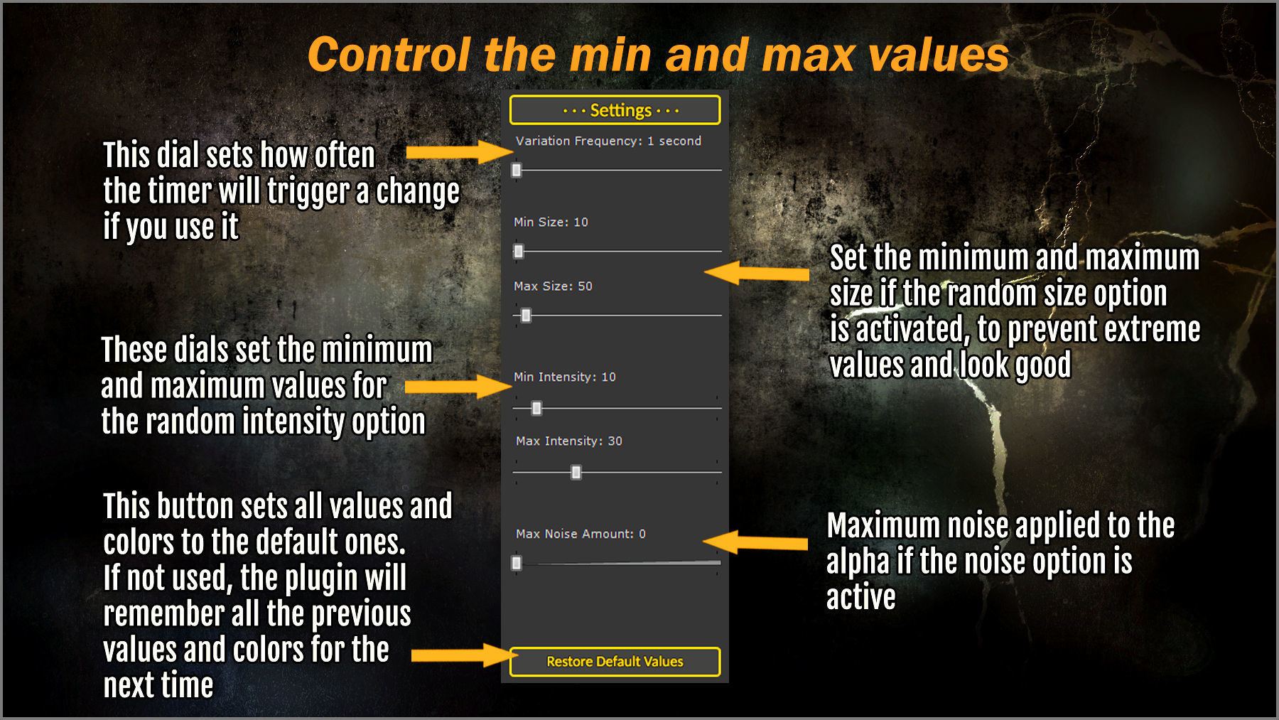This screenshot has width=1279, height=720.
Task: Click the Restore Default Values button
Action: click(615, 662)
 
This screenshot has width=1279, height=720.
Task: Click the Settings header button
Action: click(615, 110)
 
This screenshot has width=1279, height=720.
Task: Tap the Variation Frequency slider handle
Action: click(517, 170)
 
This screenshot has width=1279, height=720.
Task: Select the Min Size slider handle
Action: click(519, 251)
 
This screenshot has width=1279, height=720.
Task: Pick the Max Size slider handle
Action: click(526, 315)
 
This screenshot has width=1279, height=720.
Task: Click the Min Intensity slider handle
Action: click(536, 408)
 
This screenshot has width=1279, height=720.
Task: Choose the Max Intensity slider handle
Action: click(576, 472)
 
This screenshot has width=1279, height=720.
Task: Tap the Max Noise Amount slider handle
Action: click(517, 563)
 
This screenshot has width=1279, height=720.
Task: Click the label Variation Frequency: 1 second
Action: click(608, 141)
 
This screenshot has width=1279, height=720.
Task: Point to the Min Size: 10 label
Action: click(551, 222)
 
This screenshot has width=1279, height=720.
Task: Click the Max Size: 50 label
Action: click(553, 286)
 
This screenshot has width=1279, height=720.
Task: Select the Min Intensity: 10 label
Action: click(565, 377)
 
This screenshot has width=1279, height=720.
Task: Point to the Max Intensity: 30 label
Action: click(569, 441)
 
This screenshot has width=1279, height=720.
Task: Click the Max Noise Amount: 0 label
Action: click(581, 534)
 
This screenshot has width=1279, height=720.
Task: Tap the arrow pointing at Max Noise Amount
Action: click(755, 543)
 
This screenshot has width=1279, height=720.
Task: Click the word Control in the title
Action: click(389, 55)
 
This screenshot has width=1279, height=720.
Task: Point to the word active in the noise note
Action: click(860, 597)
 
